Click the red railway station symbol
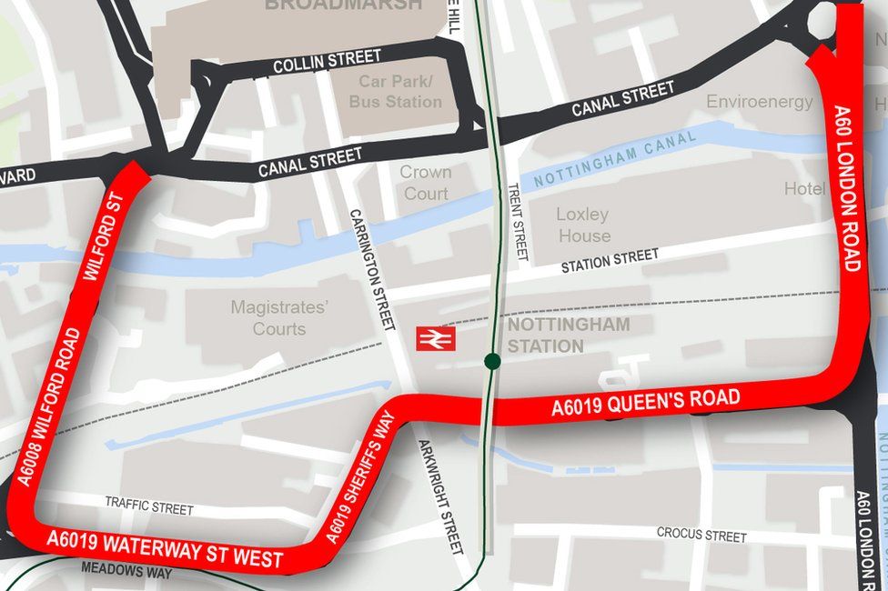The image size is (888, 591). click(435, 338)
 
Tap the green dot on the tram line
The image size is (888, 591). click(492, 362)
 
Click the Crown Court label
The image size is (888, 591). click(425, 183)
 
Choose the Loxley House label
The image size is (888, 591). click(583, 225)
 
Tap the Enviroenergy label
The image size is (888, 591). click(760, 102)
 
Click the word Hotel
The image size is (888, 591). click(805, 189)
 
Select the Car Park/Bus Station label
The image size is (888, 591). click(395, 92)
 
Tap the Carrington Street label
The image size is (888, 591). click(373, 269)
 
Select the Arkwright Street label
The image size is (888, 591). click(440, 496)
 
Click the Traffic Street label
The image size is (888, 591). click(149, 506)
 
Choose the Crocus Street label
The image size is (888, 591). click(701, 534)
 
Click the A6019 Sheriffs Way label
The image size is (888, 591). click(361, 478)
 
